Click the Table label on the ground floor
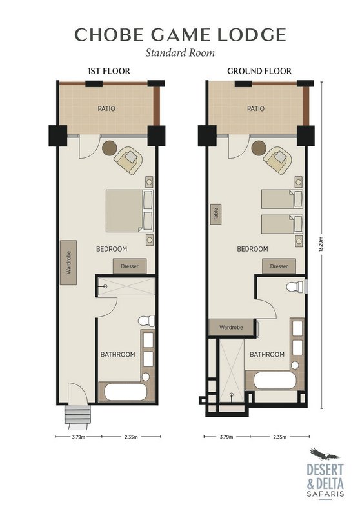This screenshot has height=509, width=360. [217, 214]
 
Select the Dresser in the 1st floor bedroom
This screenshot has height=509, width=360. [130, 266]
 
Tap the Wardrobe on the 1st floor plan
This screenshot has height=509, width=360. [68, 263]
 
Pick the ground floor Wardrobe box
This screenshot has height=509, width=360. [231, 327]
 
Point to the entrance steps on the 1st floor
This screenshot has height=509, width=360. [77, 414]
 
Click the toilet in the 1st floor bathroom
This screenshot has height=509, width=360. [146, 321]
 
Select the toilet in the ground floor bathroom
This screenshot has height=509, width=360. [295, 286]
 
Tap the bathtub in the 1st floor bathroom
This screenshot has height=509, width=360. [126, 392]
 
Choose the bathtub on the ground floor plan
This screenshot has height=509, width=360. [275, 380]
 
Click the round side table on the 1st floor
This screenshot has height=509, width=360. [110, 148]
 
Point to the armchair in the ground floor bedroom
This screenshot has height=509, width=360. [277, 160]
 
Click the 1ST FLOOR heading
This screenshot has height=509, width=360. [109, 71]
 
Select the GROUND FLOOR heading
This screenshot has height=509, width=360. [259, 71]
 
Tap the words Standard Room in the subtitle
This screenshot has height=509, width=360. [180, 52]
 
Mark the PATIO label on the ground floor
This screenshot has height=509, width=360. [255, 108]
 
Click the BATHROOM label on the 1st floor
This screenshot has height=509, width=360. [118, 354]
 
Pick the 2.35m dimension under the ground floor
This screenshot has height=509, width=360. [280, 437]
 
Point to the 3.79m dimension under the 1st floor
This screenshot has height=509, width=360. [79, 437]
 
